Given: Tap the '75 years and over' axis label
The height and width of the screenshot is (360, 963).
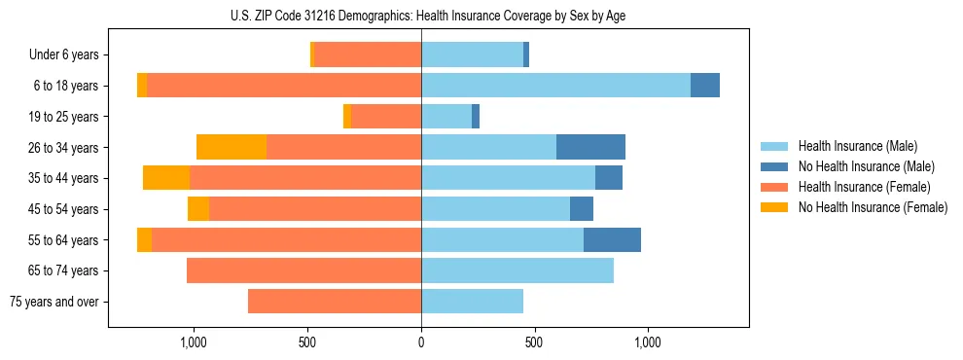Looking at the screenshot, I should pyautogui.click(x=54, y=302).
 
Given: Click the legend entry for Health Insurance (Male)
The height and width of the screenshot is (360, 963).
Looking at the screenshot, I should pyautogui.click(x=857, y=147).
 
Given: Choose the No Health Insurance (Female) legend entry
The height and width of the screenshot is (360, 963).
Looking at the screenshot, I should pyautogui.click(x=873, y=207).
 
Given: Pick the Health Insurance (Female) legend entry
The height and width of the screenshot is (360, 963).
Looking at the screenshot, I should pyautogui.click(x=864, y=187).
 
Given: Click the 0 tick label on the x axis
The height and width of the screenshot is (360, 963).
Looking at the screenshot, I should pyautogui.click(x=421, y=342).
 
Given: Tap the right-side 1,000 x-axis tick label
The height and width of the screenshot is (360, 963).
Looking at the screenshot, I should pyautogui.click(x=648, y=342).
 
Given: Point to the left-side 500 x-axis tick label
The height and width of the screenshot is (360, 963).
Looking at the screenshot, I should pyautogui.click(x=307, y=342).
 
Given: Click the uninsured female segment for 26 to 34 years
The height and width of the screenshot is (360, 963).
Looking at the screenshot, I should pyautogui.click(x=232, y=147).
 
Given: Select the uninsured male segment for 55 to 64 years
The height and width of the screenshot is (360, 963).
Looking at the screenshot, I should pyautogui.click(x=612, y=239).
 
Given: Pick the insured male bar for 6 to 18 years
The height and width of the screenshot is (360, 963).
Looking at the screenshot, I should pyautogui.click(x=555, y=86).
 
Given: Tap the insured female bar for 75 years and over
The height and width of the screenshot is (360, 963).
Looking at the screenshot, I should pyautogui.click(x=335, y=302).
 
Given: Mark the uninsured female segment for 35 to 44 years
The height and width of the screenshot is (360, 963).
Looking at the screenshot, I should pyautogui.click(x=166, y=178).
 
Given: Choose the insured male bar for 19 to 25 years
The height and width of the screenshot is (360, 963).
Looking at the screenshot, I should pyautogui.click(x=446, y=117).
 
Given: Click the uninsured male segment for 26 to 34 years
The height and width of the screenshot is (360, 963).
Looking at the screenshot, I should pyautogui.click(x=590, y=147).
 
